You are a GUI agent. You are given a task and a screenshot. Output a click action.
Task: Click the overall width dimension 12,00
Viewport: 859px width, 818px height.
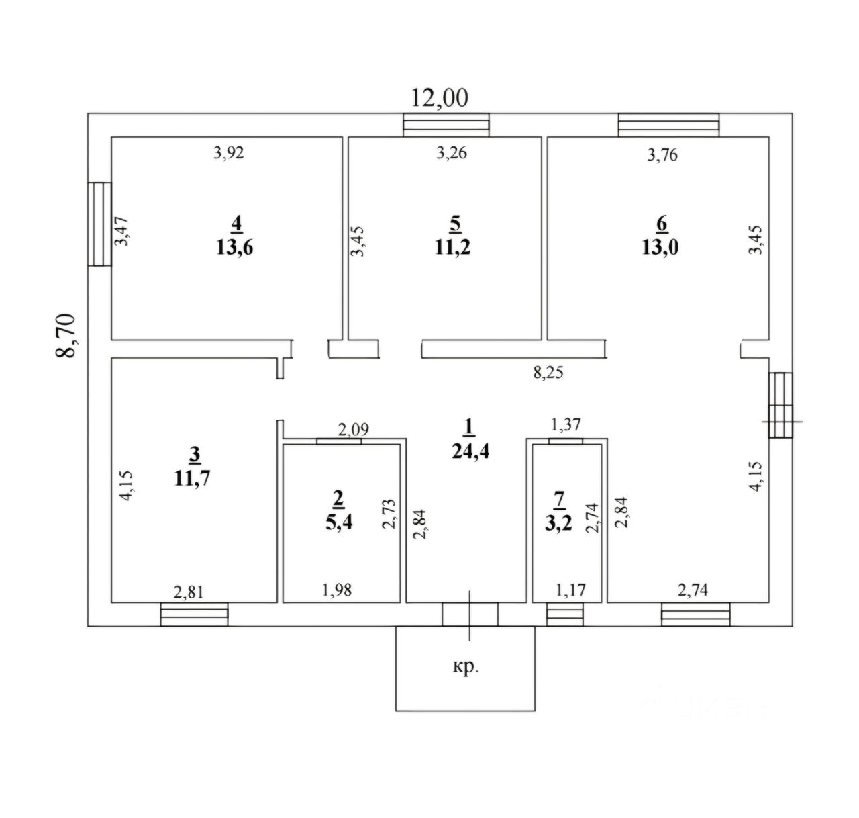pyautogui.click(x=440, y=99)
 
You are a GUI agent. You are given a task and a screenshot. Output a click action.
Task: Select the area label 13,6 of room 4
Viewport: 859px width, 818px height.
pyautogui.click(x=235, y=247)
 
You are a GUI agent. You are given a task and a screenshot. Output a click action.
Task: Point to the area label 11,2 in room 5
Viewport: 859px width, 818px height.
pyautogui.click(x=452, y=247)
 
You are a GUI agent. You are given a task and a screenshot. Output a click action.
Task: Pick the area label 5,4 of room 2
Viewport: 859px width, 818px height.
pyautogui.click(x=338, y=522)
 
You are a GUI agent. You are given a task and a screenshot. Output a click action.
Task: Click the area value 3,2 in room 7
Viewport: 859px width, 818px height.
pyautogui.click(x=558, y=522)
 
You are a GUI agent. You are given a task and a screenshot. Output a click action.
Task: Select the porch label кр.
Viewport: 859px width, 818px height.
pyautogui.click(x=464, y=667)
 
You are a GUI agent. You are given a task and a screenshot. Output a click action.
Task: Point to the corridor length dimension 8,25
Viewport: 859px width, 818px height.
pyautogui.click(x=548, y=373)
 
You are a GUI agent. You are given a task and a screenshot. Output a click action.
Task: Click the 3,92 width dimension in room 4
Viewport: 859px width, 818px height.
pyautogui.click(x=229, y=153)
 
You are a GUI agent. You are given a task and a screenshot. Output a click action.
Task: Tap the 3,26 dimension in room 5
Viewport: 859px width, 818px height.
pyautogui.click(x=451, y=153)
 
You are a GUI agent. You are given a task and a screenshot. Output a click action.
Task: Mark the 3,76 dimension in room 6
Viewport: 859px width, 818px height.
pyautogui.click(x=662, y=155)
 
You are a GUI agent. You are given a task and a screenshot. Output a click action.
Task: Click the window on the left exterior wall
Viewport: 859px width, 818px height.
pyautogui.click(x=99, y=224)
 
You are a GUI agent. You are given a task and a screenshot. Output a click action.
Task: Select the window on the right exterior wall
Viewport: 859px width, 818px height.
pyautogui.click(x=780, y=406)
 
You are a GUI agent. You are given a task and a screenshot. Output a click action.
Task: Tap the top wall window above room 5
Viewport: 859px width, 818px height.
pyautogui.click(x=446, y=125)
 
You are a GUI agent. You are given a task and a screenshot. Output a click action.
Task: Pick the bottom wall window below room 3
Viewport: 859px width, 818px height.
pyautogui.click(x=194, y=614)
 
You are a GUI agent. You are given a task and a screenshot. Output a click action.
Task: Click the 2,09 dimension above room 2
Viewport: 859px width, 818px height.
pyautogui.click(x=353, y=429)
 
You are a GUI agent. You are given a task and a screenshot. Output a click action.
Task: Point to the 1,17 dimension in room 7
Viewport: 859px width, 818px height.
pyautogui.click(x=570, y=591)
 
